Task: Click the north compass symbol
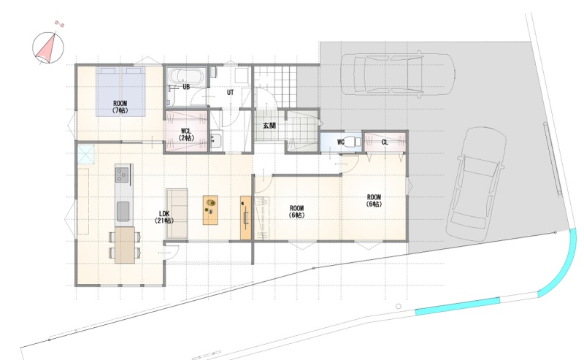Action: click(48, 47)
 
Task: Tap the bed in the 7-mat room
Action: click(120, 91)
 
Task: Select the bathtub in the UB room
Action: click(185, 77)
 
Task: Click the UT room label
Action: click(230, 92)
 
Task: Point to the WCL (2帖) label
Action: click(186, 134)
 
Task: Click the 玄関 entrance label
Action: click(269, 126)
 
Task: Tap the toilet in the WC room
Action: click(352, 142)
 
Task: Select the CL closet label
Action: click(385, 142)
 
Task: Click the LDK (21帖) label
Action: click(164, 217)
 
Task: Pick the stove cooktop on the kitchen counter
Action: click(122, 175)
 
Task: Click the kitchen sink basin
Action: click(123, 211)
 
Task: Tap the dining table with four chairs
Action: click(124, 245)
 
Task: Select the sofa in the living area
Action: click(177, 213)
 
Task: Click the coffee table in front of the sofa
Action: click(210, 210)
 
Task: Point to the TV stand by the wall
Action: click(246, 218)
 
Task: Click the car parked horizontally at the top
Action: click(397, 74)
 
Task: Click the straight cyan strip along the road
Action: click(458, 306)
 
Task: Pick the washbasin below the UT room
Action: click(215, 141)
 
